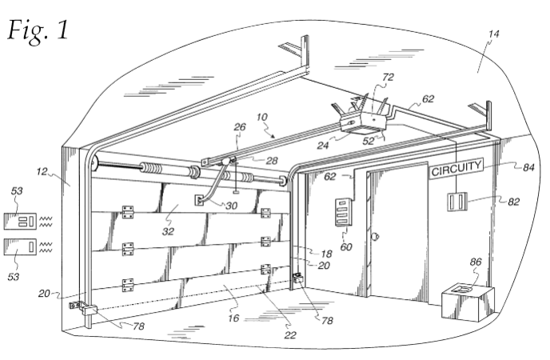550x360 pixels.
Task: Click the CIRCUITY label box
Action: [x=456, y=169]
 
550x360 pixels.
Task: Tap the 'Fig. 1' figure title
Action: [x=38, y=30]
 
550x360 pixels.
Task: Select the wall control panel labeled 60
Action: [x=344, y=212]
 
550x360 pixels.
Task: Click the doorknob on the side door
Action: [x=375, y=236]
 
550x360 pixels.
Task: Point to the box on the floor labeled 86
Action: [x=468, y=302]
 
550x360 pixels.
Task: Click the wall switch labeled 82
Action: [x=457, y=202]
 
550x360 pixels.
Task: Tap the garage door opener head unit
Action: [x=364, y=122]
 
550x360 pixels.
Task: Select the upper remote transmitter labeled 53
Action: [x=20, y=221]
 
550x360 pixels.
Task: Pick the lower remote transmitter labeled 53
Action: [x=20, y=246]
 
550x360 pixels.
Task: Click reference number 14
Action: [x=493, y=34]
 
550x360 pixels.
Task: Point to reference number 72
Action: [x=388, y=77]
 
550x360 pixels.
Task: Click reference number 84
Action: [x=528, y=168]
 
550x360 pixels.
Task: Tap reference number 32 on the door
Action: [x=168, y=231]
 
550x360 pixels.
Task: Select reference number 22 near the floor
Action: [x=290, y=335]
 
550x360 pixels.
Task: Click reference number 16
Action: [x=233, y=318]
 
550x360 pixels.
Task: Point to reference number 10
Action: [x=261, y=117]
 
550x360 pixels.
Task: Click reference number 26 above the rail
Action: [x=240, y=126]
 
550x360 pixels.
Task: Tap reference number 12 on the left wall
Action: [x=42, y=171]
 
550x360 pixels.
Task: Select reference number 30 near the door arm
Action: [x=232, y=206]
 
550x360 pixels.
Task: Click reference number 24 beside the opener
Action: [x=323, y=145]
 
